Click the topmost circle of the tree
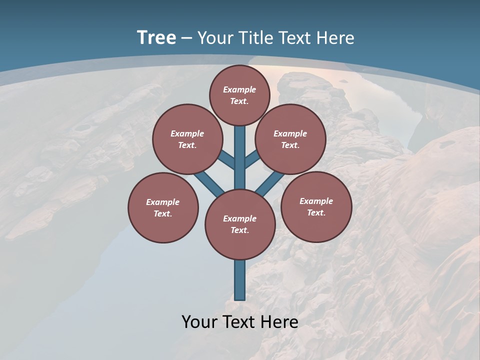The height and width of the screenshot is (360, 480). click(x=239, y=95)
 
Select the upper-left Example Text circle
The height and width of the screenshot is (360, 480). click(x=187, y=139)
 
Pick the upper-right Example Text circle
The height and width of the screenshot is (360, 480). click(x=290, y=139)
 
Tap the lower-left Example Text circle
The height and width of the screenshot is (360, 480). click(x=163, y=207)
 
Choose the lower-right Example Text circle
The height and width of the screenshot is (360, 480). click(x=316, y=206)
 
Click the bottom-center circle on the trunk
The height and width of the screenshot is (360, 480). click(x=240, y=224)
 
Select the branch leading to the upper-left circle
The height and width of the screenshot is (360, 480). click(x=226, y=160)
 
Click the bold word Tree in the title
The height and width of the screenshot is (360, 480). click(x=156, y=37)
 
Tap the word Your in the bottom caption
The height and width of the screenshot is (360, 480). click(x=199, y=322)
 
